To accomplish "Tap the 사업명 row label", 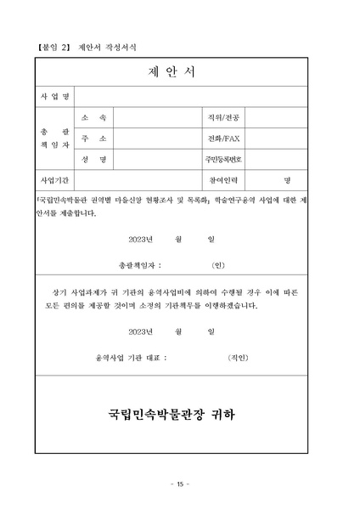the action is click(x=55, y=96).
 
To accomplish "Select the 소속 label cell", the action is click(x=93, y=116).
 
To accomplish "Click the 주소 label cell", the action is click(x=93, y=138).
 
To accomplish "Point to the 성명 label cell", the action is click(x=93, y=159).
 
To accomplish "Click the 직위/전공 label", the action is click(x=223, y=116).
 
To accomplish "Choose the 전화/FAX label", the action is click(x=223, y=138).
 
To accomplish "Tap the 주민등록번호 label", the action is click(x=223, y=159).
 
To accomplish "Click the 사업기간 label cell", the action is click(x=55, y=180).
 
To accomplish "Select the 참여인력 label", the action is click(x=223, y=180).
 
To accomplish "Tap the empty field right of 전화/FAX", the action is click(x=277, y=138).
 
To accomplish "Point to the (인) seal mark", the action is click(x=217, y=264).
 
